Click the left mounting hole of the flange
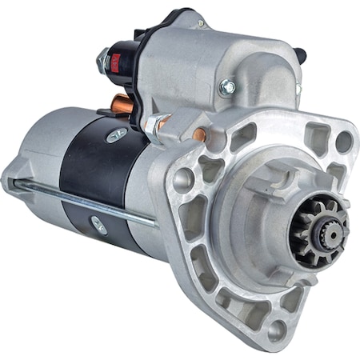pyautogui.click(x=183, y=178)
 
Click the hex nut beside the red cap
pyautogui.click(x=103, y=59)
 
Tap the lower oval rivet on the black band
pyautogui.click(x=98, y=225)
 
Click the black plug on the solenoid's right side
pyautogui.click(x=301, y=55)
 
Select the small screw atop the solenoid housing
pyautogui.click(x=200, y=23)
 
